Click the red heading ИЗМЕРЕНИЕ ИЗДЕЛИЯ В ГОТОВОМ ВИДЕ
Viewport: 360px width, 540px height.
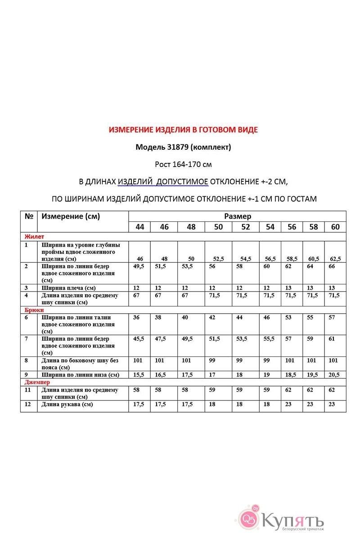coord(183,130)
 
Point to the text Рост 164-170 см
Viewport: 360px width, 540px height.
coord(183,165)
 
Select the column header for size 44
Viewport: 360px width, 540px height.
coord(139,227)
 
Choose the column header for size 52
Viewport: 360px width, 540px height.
coord(245,227)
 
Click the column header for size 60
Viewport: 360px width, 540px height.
coord(335,227)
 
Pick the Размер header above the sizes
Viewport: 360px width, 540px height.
coord(237,216)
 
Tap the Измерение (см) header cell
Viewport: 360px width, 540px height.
coord(71,216)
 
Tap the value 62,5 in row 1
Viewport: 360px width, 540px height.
coord(335,259)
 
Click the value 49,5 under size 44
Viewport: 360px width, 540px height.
coord(139,266)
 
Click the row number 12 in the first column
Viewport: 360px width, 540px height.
coord(28,404)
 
